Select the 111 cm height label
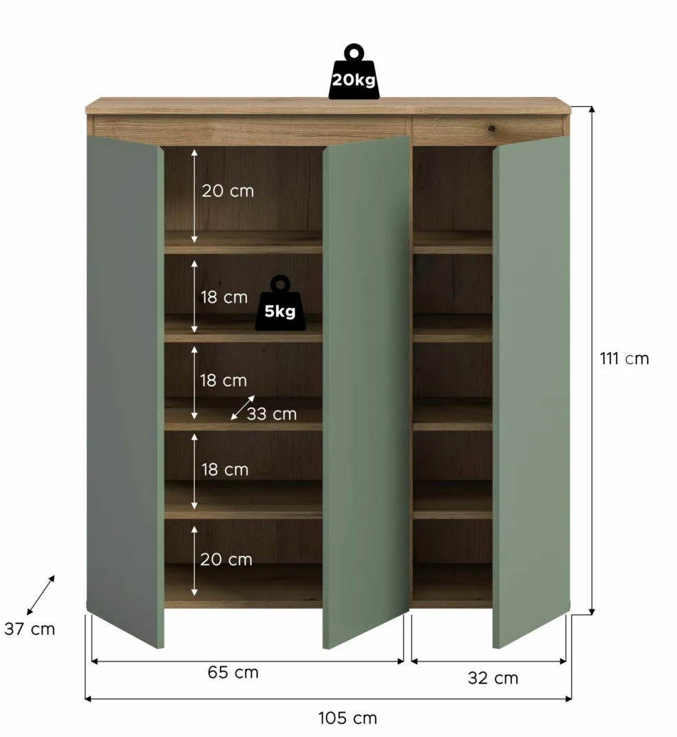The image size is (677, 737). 625,359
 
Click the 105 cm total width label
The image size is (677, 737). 347,718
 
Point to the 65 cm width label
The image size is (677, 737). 233,672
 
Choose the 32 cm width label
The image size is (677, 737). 493,678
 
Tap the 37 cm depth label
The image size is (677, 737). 30,629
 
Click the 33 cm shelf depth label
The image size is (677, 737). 272,414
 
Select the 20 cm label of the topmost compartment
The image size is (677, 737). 228,191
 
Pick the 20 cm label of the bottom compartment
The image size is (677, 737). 226,559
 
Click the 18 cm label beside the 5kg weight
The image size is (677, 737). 224,297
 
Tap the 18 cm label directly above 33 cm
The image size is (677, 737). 223,381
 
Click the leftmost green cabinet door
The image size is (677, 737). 125,392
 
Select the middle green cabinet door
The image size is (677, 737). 366,392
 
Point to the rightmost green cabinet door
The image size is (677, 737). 531,392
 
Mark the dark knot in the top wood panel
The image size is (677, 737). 491,127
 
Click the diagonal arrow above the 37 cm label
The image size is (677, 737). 41,595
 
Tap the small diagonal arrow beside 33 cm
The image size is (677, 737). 243,407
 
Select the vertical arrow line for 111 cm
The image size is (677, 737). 592,360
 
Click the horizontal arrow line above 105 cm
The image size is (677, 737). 328,699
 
